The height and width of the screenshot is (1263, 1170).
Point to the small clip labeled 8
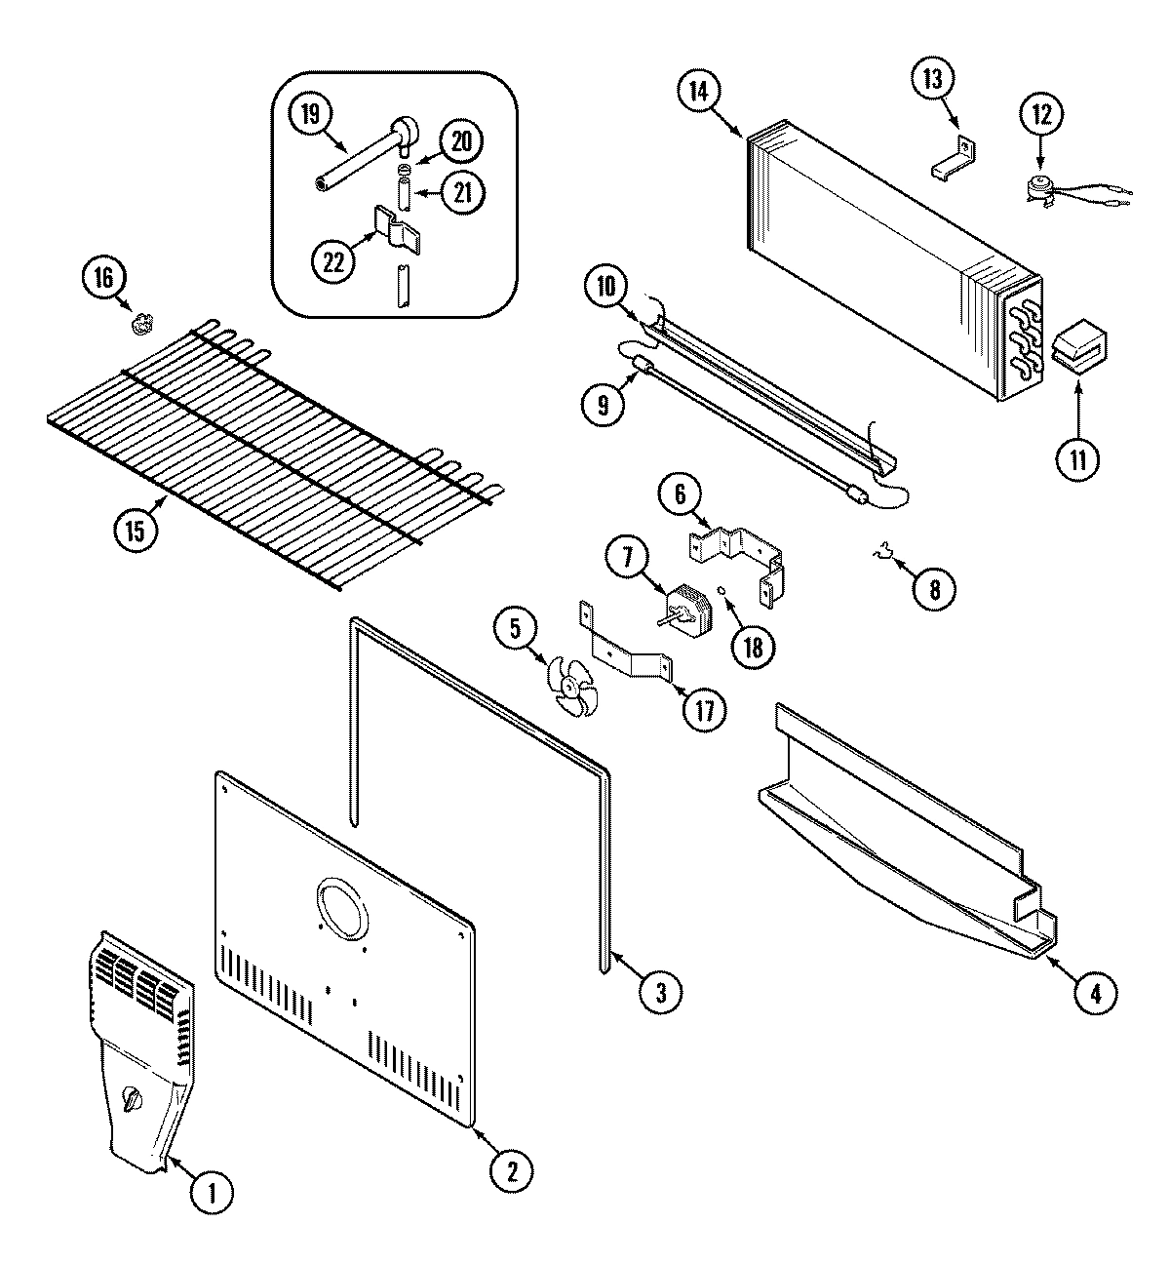pos(883,556)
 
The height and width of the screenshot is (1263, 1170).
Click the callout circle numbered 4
pos(1095,993)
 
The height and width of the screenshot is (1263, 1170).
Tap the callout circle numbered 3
pos(661,992)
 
